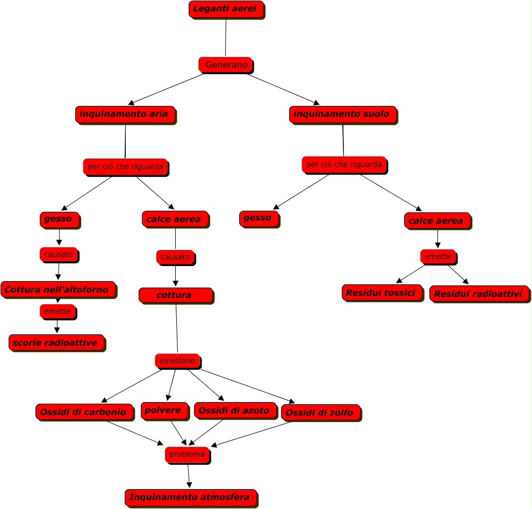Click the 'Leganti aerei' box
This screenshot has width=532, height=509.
tap(226, 9)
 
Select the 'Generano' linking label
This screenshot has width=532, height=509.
tap(226, 65)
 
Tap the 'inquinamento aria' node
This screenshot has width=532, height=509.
tap(125, 114)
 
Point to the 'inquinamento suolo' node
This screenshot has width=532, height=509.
tap(343, 114)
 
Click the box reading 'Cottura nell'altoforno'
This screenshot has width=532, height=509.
tap(58, 290)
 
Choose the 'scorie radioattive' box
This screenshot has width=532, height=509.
tap(56, 343)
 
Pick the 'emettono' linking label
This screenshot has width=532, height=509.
tap(177, 361)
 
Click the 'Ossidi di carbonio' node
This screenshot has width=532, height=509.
tap(84, 412)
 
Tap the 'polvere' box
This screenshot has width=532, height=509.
tap(165, 411)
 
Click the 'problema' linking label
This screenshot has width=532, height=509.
tap(187, 455)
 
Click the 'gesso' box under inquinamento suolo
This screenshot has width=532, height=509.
tap(259, 218)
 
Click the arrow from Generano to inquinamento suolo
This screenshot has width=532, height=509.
tap(283, 89)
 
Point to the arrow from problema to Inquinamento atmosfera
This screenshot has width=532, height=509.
tap(189, 476)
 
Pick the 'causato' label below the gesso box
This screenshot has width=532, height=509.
tap(59, 254)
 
